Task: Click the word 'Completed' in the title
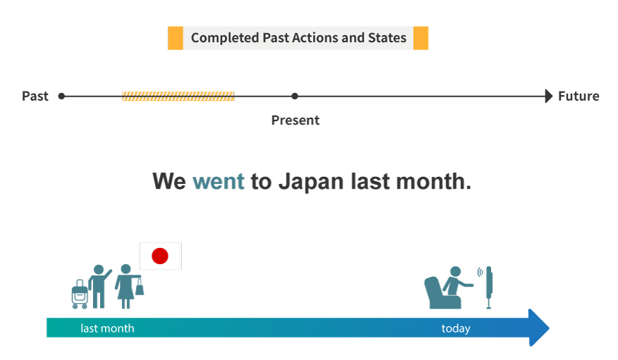(x=225, y=38)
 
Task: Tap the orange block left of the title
(x=175, y=38)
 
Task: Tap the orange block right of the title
(x=421, y=38)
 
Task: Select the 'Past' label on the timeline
(x=35, y=96)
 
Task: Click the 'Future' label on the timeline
(x=579, y=96)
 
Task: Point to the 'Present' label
(x=295, y=120)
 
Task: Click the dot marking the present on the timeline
(x=295, y=96)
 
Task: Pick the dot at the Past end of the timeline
(x=61, y=96)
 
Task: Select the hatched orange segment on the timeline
(x=178, y=96)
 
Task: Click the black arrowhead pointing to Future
(x=549, y=96)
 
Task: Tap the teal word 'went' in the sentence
(x=218, y=182)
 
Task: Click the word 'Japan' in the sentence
(x=311, y=182)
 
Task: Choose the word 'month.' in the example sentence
(x=433, y=182)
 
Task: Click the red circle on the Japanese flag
(x=160, y=256)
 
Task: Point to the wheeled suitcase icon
(x=80, y=294)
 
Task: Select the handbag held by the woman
(x=140, y=287)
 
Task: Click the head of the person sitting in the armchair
(x=456, y=271)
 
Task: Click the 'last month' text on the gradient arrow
(x=107, y=328)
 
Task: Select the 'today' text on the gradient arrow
(x=456, y=328)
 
